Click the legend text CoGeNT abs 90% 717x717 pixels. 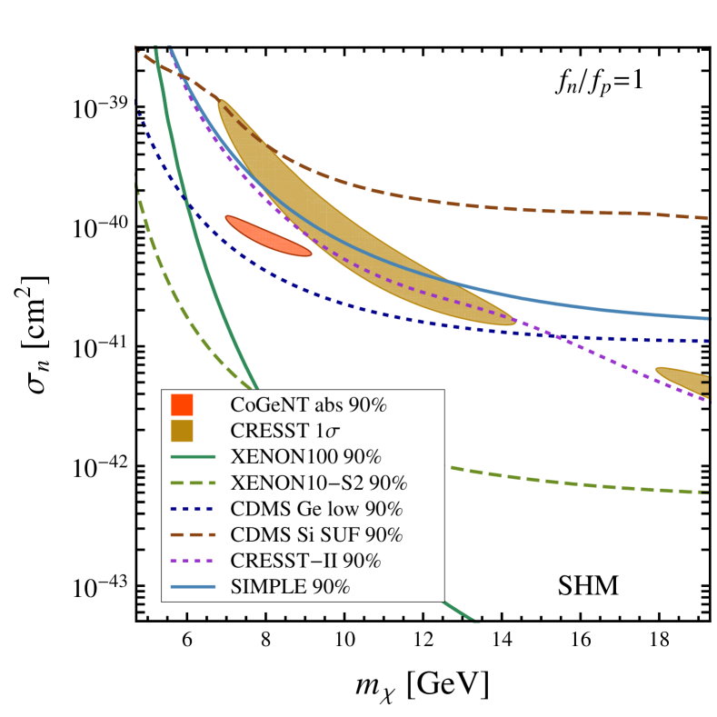tap(309, 405)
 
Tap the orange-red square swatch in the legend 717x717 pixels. tap(182, 404)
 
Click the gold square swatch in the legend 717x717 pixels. tap(182, 430)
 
